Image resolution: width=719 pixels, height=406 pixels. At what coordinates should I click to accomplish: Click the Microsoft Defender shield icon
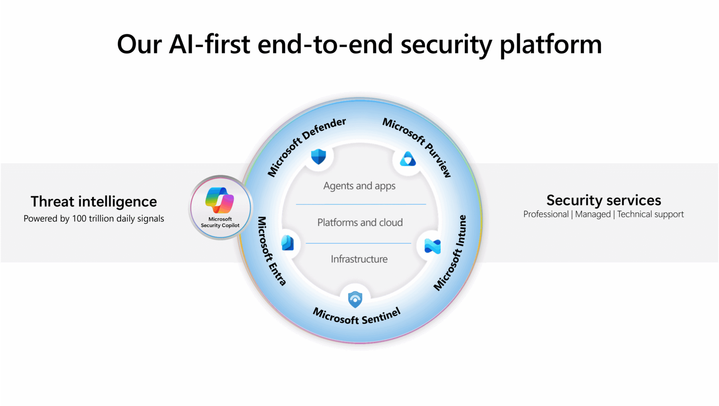pos(318,157)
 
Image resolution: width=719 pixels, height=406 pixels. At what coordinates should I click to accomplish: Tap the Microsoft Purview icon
pos(408,159)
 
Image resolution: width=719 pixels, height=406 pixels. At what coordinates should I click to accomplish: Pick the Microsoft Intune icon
pos(433,246)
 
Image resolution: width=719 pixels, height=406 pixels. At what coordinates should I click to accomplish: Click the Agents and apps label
pos(359,186)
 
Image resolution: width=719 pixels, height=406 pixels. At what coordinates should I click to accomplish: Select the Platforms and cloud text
pos(360,222)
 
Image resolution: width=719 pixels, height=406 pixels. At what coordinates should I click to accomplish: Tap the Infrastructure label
pos(359,259)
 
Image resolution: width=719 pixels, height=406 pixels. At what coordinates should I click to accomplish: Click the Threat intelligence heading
pos(94,202)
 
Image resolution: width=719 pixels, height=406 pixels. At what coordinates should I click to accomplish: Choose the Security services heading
pos(604,200)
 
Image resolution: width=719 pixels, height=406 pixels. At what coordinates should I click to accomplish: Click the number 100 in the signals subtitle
pos(79,218)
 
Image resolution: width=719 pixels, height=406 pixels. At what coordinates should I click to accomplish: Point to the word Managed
pos(593,214)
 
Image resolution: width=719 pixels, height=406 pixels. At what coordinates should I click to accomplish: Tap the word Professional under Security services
pos(546,214)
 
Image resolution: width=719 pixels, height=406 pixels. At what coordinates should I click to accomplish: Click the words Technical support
pos(650,214)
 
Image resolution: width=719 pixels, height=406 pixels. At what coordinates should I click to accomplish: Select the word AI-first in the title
pos(209,44)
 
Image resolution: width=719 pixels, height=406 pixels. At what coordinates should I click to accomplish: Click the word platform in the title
pos(550,45)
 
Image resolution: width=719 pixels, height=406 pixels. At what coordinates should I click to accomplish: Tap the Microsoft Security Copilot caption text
pos(220,222)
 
